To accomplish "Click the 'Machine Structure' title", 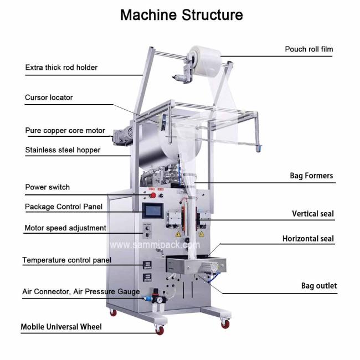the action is tap(182, 15).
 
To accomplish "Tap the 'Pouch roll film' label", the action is tap(309, 49).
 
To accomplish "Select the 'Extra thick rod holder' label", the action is tap(61, 68).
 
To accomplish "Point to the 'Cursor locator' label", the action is tap(49, 97).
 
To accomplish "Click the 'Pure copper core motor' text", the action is tap(65, 131).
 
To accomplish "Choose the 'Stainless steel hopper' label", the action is tap(63, 150).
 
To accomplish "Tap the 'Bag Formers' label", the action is tap(311, 176).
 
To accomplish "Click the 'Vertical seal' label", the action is tap(313, 214).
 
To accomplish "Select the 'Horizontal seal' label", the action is tap(308, 239).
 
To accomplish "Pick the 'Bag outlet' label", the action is tap(319, 286).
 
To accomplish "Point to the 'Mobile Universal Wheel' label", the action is tap(61, 327).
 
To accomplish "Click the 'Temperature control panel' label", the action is tap(67, 260).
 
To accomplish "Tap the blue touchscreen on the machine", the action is tap(153, 211).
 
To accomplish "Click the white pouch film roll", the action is tap(205, 61).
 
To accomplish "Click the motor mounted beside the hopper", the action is tap(122, 136).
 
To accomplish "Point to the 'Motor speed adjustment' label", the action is tap(65, 228).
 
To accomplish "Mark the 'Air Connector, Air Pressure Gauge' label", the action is tap(81, 291).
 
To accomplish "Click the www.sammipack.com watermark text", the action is tap(155, 245).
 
